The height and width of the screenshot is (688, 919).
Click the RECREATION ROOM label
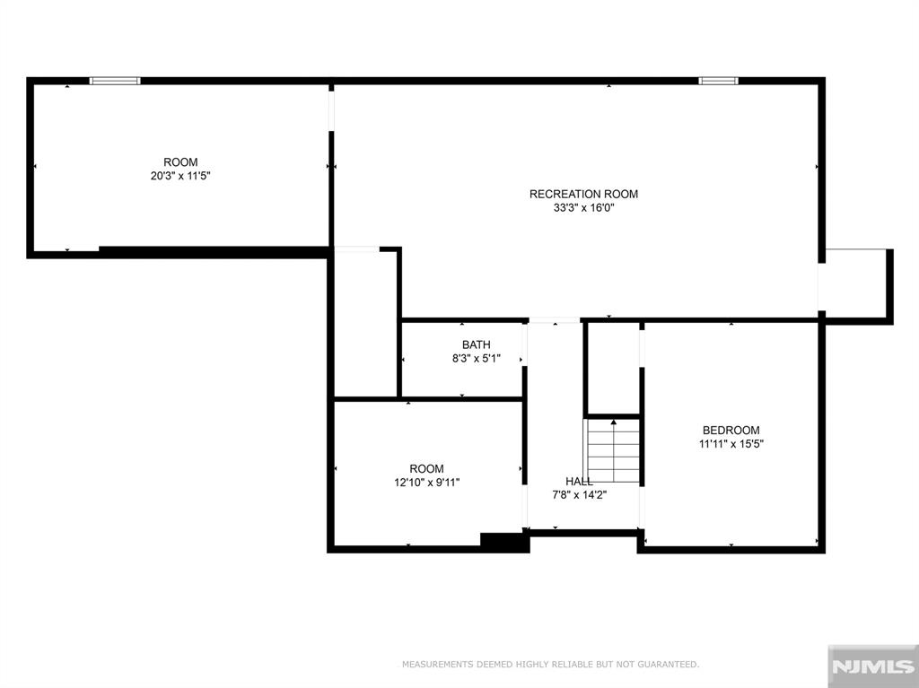pyautogui.click(x=583, y=194)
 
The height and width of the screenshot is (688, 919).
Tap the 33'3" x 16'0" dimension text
pyautogui.click(x=583, y=208)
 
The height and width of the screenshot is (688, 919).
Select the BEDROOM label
pyautogui.click(x=731, y=431)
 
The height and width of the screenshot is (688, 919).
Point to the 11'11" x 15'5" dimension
pyautogui.click(x=731, y=444)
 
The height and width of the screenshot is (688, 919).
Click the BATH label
pyautogui.click(x=476, y=345)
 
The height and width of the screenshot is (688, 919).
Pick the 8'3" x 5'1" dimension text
pyautogui.click(x=476, y=359)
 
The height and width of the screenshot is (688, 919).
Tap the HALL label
pyautogui.click(x=579, y=481)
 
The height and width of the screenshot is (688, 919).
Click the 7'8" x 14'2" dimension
pyautogui.click(x=579, y=495)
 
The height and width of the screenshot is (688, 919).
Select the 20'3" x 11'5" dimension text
pyautogui.click(x=179, y=176)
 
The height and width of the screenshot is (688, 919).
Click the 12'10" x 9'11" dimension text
pyautogui.click(x=426, y=483)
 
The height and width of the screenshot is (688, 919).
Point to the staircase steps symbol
pyautogui.click(x=613, y=451)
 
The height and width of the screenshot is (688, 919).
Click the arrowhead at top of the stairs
pyautogui.click(x=614, y=422)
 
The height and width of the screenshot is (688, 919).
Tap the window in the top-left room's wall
pyautogui.click(x=115, y=81)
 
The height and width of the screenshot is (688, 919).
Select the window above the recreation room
pyautogui.click(x=718, y=81)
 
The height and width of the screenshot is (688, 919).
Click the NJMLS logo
pyautogui.click(x=872, y=666)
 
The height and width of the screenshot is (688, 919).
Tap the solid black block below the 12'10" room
pyautogui.click(x=504, y=542)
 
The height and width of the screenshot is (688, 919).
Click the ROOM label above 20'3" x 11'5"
pyautogui.click(x=180, y=162)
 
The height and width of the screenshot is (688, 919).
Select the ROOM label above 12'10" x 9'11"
pyautogui.click(x=426, y=469)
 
